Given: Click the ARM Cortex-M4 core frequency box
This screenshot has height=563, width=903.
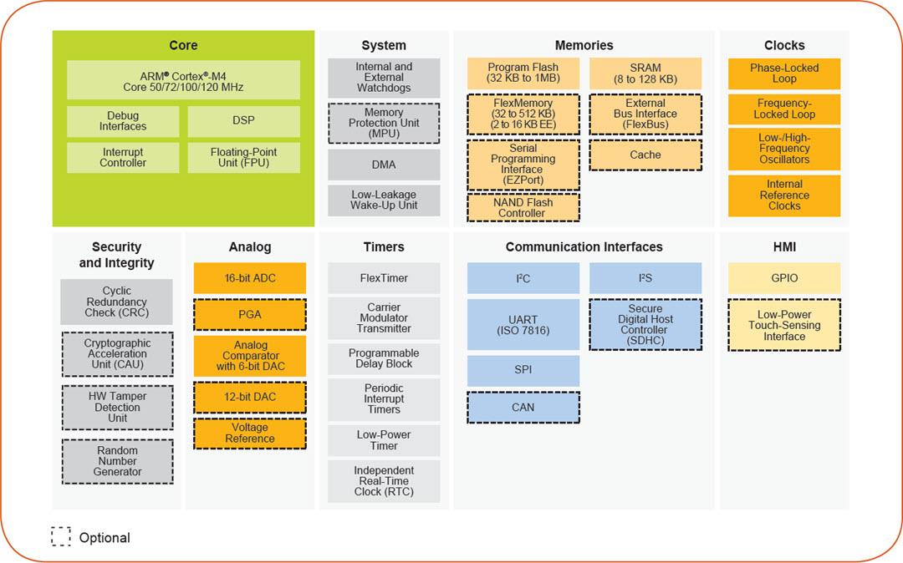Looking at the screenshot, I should (x=183, y=80).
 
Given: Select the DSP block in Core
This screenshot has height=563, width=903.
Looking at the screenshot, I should (x=243, y=121).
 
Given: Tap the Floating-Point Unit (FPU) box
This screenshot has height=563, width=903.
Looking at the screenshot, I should (x=243, y=158).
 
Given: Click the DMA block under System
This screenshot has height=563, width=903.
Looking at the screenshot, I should (x=384, y=165).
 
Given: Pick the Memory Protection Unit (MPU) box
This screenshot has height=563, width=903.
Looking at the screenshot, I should (x=384, y=123).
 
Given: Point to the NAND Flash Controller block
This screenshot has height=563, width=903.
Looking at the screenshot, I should (x=522, y=207).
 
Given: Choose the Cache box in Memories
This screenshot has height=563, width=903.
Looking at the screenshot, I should (x=645, y=155).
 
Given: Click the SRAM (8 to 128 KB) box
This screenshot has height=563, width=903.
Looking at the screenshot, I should (x=645, y=74).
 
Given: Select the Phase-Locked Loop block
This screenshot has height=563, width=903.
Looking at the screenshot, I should (x=783, y=74).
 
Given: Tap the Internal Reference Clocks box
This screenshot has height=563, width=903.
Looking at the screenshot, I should (x=783, y=195).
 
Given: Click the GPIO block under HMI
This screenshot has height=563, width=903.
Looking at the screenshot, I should (x=783, y=278).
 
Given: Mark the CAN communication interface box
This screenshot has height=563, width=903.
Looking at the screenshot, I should (x=523, y=407).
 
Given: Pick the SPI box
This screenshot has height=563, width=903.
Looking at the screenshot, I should (x=523, y=369).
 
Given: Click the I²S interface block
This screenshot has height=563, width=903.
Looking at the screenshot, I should (x=645, y=278).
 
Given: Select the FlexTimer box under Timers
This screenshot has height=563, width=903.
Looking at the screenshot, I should (x=384, y=278).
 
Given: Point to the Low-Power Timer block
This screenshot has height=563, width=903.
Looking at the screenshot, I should (x=384, y=440).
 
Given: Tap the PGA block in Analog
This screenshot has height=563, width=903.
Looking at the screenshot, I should (x=249, y=315).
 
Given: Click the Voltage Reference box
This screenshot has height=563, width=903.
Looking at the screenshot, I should (x=249, y=433).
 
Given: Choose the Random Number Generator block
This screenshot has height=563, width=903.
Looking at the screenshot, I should (x=118, y=461).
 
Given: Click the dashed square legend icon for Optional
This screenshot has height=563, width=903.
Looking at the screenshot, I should (x=61, y=536).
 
